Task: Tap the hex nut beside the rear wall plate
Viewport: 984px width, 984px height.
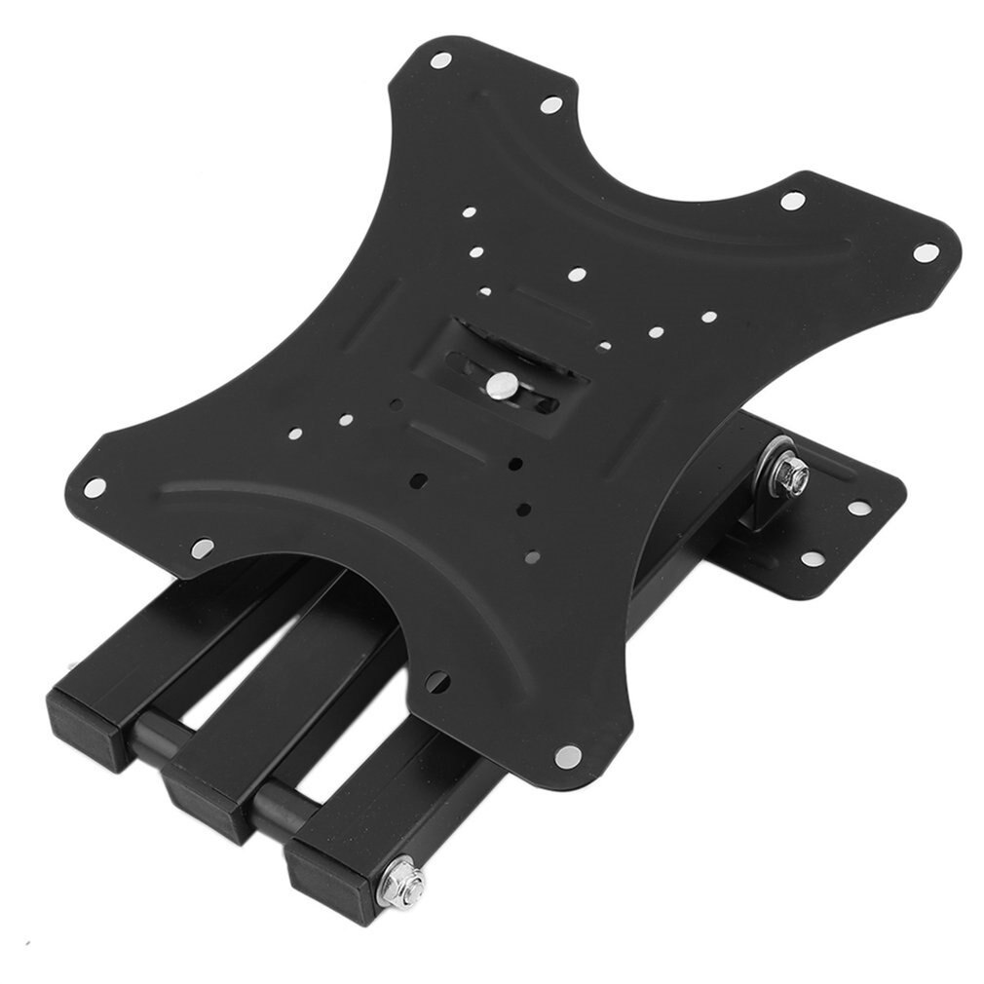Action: click(787, 475)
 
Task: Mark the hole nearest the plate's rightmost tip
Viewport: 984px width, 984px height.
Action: click(927, 251)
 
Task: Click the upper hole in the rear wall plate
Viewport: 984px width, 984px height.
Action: click(856, 508)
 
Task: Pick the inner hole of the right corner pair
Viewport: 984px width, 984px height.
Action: click(792, 201)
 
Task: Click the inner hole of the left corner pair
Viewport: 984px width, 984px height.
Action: click(203, 548)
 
